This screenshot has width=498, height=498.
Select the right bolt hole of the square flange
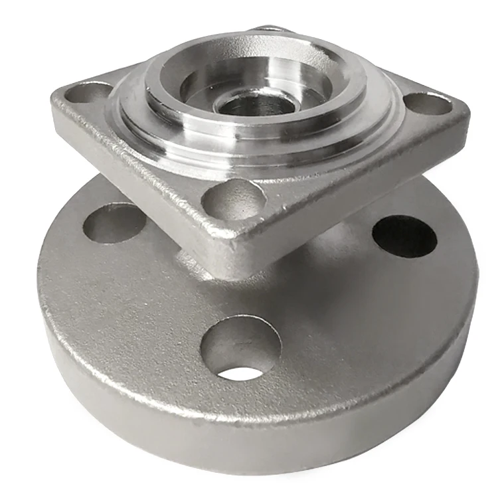tap(427, 103)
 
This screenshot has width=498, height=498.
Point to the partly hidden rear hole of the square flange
tap(272, 29)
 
